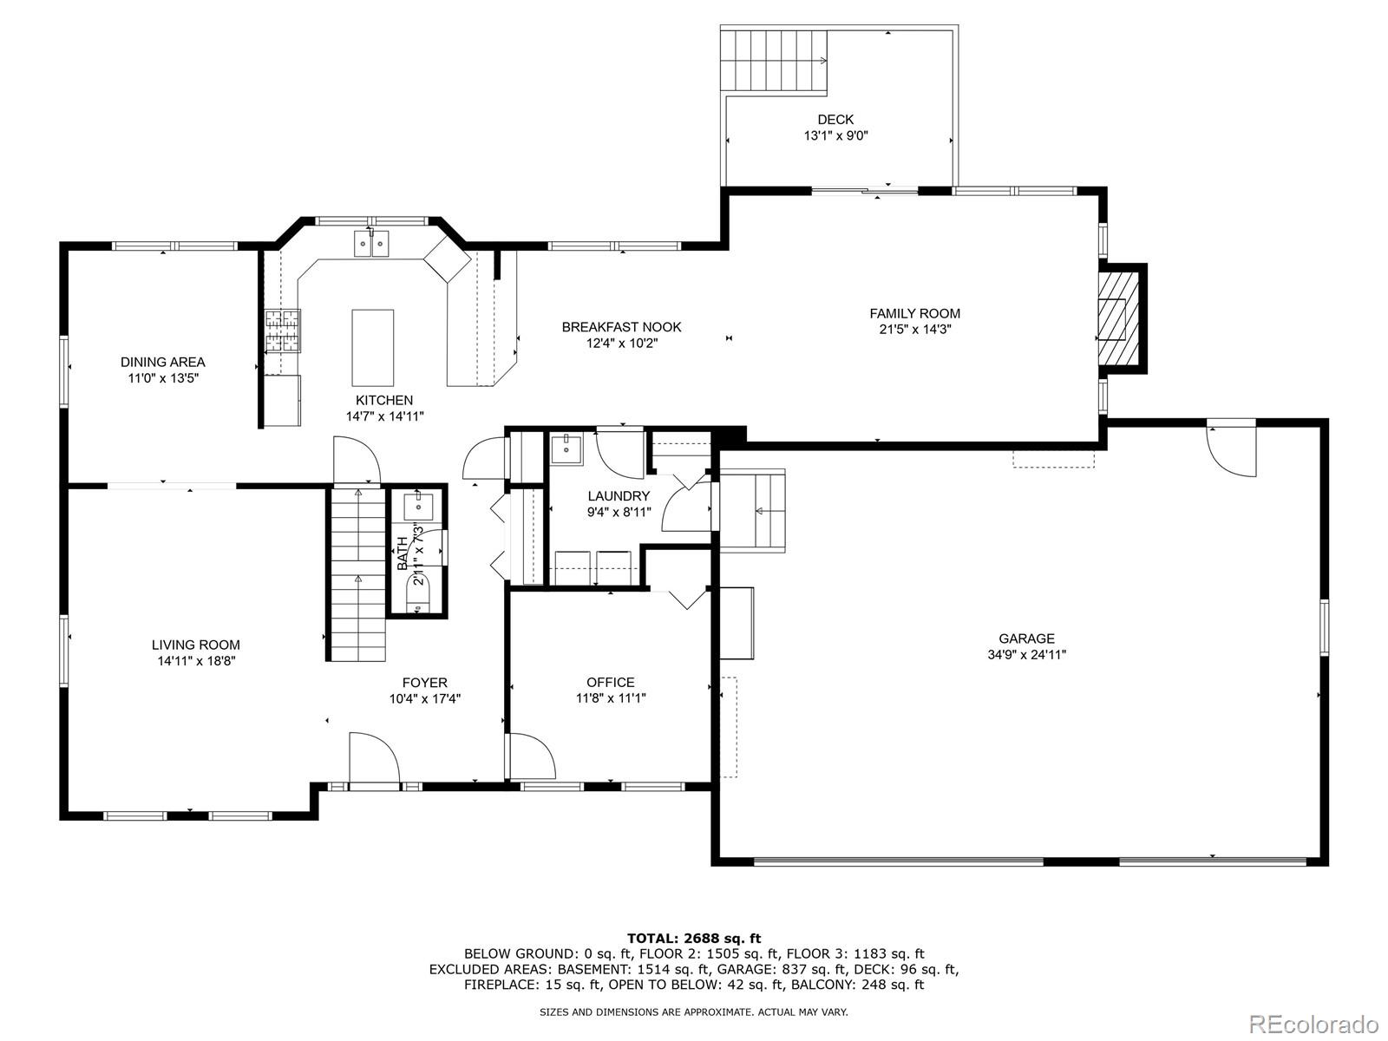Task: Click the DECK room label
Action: [x=835, y=120]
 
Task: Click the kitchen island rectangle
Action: [x=373, y=347]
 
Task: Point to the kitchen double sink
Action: [x=372, y=245]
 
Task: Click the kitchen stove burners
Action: [x=282, y=331]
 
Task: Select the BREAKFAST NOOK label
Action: [x=621, y=327]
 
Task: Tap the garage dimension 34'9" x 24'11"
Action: [x=1026, y=655]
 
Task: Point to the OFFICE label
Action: [x=611, y=683]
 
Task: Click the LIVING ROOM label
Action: [x=196, y=645]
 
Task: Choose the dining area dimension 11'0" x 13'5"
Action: [x=163, y=378]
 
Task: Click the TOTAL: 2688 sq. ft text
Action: [x=694, y=938]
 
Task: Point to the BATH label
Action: [x=403, y=553]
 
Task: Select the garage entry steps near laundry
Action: [x=753, y=510]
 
